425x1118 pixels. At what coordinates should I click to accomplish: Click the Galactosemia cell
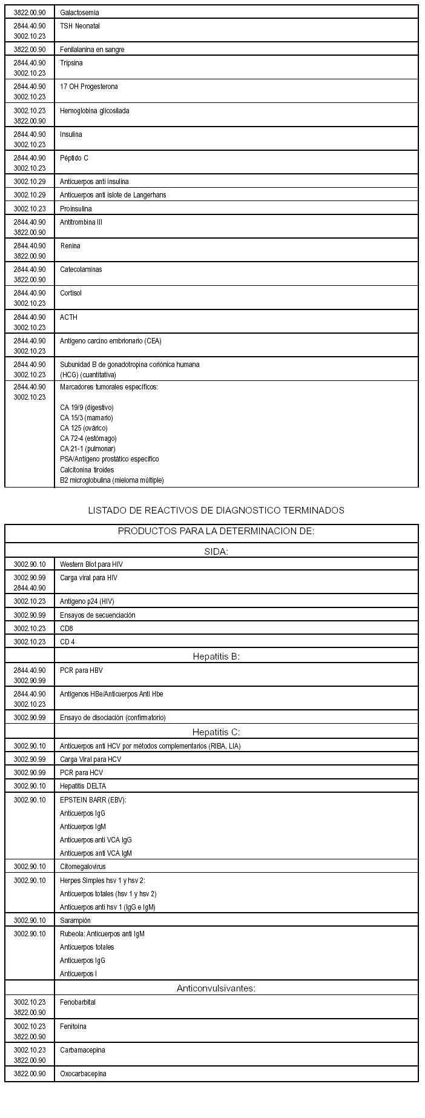pos(79,13)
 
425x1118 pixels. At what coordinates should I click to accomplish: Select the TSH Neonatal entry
pos(80,26)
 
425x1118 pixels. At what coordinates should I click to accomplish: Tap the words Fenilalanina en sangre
pos(92,50)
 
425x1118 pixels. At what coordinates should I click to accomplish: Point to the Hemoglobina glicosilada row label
pos(94,111)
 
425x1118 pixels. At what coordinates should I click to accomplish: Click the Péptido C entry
pos(74,158)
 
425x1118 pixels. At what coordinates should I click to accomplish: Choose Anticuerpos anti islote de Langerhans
pos(113,195)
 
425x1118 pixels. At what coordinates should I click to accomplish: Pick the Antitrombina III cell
pos(81,222)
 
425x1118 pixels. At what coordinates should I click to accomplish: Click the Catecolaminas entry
pos(81,270)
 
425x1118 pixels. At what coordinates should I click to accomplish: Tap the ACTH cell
pos(68,317)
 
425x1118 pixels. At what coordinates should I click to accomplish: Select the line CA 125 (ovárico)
pos(84,428)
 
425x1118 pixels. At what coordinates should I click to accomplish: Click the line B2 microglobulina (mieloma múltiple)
pos(112,480)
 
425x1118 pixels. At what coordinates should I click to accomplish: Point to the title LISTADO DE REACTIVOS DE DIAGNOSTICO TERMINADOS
pos(216,511)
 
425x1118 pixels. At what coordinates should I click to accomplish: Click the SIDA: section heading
pos(216,551)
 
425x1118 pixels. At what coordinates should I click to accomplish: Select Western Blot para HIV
pos(91,564)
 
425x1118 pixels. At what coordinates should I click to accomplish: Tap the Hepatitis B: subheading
pos(216,656)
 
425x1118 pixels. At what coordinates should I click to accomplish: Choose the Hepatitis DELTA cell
pos(83,786)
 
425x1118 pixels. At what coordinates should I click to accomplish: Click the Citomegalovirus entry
pos(82,867)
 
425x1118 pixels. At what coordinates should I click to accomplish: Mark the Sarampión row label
pos(75,921)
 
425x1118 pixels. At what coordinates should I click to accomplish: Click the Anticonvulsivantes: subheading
pos(216,988)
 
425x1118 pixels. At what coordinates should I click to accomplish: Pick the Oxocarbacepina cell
pos(83,1074)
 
